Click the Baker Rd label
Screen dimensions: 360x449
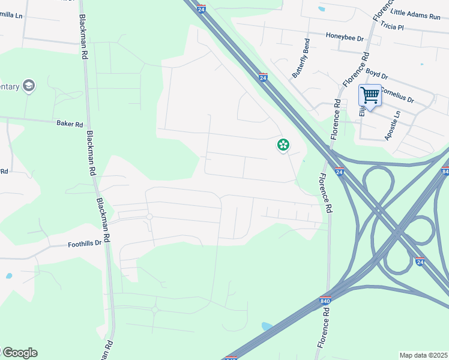70,124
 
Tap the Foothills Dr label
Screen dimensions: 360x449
85,244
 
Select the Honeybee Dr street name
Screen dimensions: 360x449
345,37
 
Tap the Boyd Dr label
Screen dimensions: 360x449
376,76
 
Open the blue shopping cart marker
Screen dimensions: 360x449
370,95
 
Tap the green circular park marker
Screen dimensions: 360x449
283,145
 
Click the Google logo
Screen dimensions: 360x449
19,353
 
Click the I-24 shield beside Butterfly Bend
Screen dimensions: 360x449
263,77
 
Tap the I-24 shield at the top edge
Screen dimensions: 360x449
202,9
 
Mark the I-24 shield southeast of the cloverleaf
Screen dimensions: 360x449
419,262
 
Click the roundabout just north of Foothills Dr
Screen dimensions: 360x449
149,217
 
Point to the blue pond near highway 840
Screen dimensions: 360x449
267,326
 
